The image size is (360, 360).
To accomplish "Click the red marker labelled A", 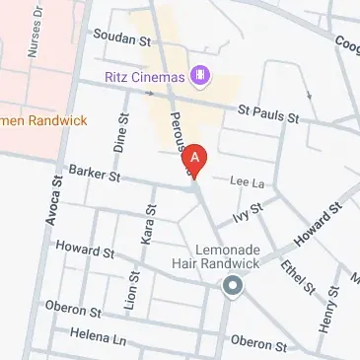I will click(x=196, y=159).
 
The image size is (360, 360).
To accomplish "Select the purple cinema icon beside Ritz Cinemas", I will click(x=200, y=74).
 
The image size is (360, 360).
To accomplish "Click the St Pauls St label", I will click(x=267, y=114).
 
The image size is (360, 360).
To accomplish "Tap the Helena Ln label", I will click(x=99, y=337).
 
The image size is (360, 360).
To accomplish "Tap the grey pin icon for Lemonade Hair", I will click(x=233, y=287).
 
